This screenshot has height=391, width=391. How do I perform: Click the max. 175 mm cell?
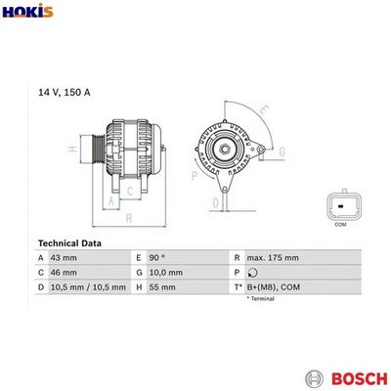(273, 257)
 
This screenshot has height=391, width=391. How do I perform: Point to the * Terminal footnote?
(261, 298)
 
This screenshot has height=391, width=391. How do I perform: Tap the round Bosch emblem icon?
(314, 377)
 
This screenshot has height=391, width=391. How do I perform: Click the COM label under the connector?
(340, 225)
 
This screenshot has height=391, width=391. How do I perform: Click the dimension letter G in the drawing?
(282, 151)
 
